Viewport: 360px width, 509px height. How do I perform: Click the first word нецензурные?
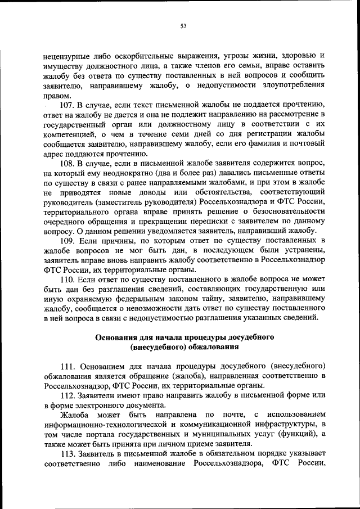tap(67, 56)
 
